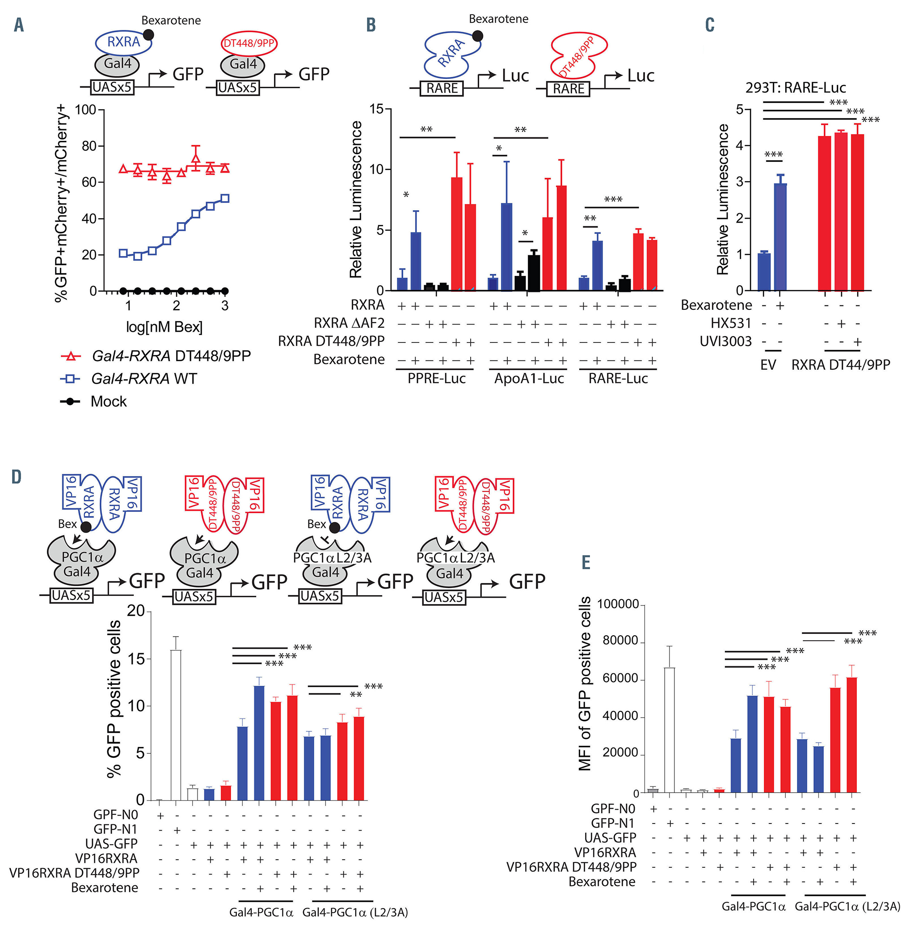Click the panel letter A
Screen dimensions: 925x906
click(19, 25)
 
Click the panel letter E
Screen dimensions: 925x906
click(586, 562)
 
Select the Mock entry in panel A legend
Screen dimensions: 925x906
click(109, 402)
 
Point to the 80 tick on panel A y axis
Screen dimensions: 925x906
click(89, 146)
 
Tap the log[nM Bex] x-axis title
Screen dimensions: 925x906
click(164, 327)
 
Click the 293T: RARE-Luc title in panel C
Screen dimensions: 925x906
click(796, 88)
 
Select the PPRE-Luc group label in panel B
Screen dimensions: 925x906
click(436, 379)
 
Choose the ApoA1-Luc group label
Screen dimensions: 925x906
click(529, 379)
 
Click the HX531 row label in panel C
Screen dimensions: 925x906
click(731, 324)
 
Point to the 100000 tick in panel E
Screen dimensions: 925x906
click(618, 604)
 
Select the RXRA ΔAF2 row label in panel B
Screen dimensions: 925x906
click(349, 324)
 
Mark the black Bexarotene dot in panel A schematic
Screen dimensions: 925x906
click(148, 35)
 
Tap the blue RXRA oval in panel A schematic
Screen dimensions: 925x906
click(124, 42)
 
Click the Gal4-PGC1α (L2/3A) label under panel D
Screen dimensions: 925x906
click(355, 912)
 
